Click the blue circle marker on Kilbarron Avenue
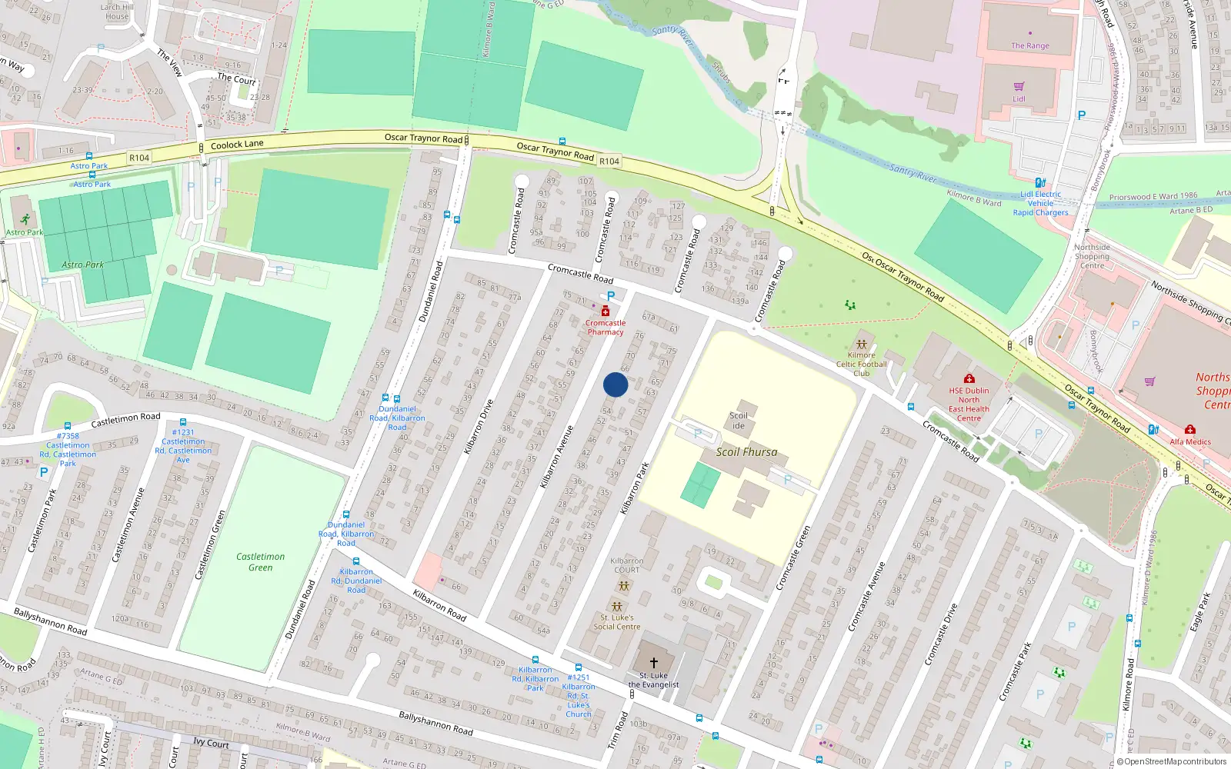[x=615, y=384]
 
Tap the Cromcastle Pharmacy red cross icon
[x=605, y=311]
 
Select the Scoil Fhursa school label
[x=746, y=452]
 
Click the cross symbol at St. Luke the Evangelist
[x=654, y=662]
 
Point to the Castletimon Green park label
[x=260, y=562]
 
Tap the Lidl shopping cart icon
[x=1019, y=87]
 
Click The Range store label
[x=1030, y=46]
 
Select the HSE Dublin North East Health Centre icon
[x=969, y=378]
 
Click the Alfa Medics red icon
[x=1190, y=430]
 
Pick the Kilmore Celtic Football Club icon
[x=862, y=344]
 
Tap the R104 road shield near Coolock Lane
[x=139, y=158]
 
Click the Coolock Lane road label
[x=237, y=145]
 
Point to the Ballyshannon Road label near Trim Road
[x=435, y=723]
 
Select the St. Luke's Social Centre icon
[x=616, y=606]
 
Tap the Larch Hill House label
[x=117, y=12]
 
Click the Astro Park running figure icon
[x=25, y=220]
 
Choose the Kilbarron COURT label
[x=626, y=565]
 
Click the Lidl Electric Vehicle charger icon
[x=1040, y=183]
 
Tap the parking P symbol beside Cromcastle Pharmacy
[x=611, y=296]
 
